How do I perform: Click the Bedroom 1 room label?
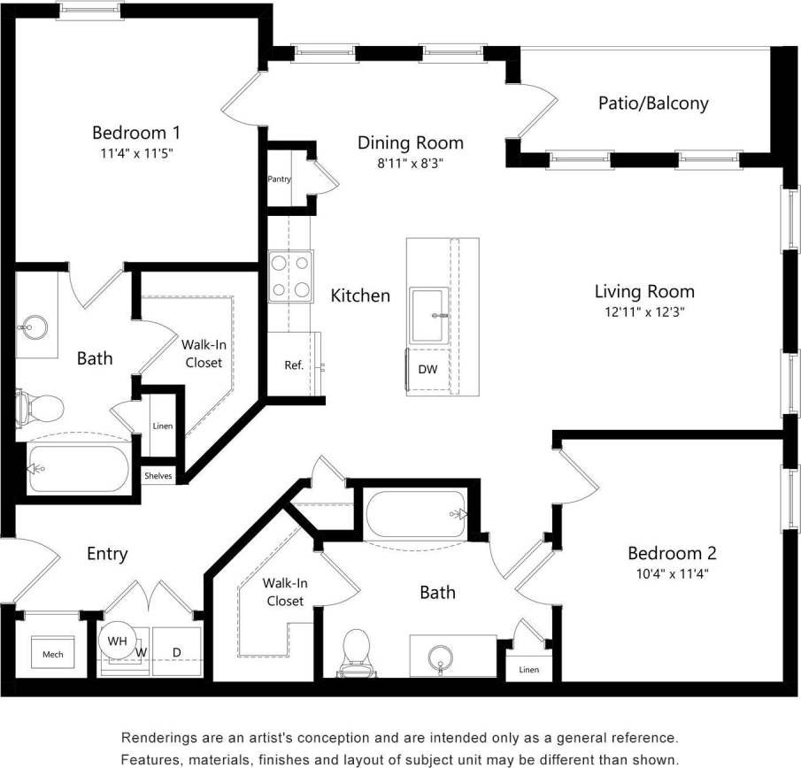point(136,133)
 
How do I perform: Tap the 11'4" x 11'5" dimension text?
point(136,152)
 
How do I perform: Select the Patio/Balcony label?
point(653,103)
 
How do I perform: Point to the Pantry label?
point(280,179)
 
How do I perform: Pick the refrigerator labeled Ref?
point(294,365)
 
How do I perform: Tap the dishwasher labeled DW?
point(427,369)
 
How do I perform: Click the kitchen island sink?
point(429,313)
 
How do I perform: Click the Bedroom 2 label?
point(671,553)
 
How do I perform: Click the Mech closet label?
point(52,655)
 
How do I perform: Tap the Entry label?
point(106,554)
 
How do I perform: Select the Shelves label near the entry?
point(158,476)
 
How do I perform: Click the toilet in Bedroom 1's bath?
point(40,408)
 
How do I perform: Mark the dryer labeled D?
point(176,653)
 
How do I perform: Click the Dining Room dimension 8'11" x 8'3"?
point(410,163)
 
